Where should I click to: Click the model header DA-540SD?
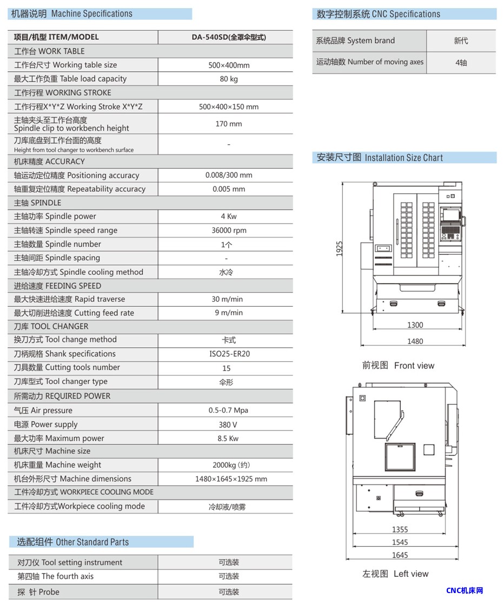point(229,37)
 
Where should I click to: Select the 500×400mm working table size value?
point(229,65)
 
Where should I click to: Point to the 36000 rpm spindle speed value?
point(229,231)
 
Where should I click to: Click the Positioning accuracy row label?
point(76,176)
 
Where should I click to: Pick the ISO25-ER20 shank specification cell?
point(229,354)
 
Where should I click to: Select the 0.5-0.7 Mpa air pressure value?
point(228,410)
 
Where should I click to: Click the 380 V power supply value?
point(228,425)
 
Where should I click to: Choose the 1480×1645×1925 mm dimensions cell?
point(231,479)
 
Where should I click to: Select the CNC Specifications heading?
point(378,14)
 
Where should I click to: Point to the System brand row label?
point(355,41)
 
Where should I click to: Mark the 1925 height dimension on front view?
point(340,248)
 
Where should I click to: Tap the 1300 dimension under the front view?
point(415,325)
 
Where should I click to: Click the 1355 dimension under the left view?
point(400,530)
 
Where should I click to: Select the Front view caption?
point(398,366)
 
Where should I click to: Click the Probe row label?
point(38,592)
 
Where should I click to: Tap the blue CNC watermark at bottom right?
point(465,590)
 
